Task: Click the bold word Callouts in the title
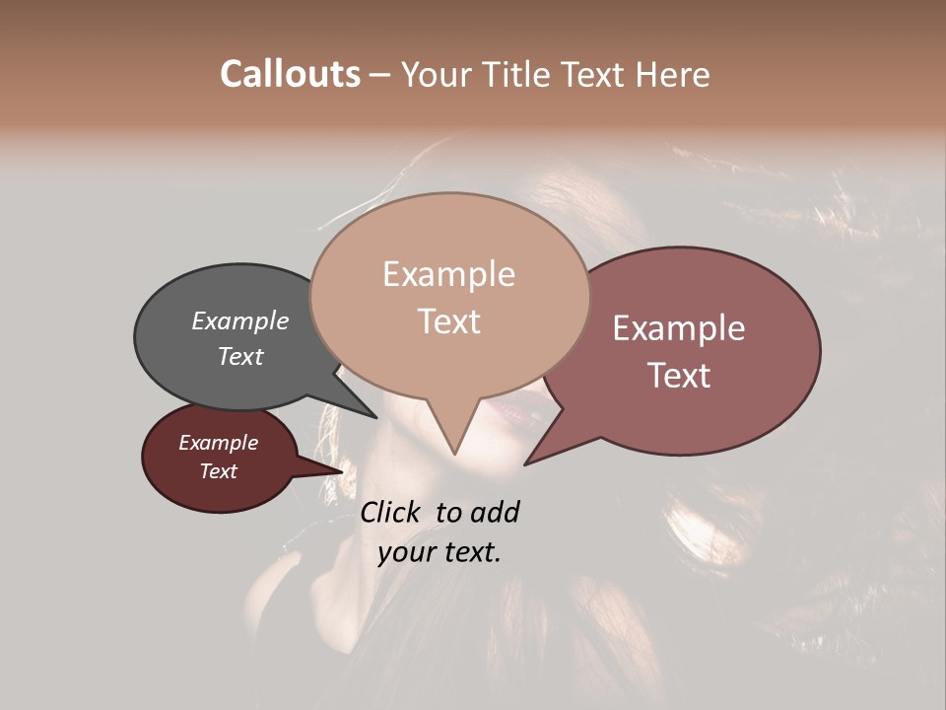click(290, 74)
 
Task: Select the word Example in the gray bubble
click(240, 320)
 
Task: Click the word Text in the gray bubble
click(240, 356)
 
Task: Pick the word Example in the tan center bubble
click(448, 274)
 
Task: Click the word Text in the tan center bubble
click(448, 320)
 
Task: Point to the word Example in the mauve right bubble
click(679, 328)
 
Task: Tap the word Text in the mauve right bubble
click(679, 375)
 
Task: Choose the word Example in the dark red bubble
click(219, 443)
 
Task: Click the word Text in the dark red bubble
click(219, 471)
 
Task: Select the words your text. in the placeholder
click(439, 552)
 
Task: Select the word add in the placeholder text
click(495, 512)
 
